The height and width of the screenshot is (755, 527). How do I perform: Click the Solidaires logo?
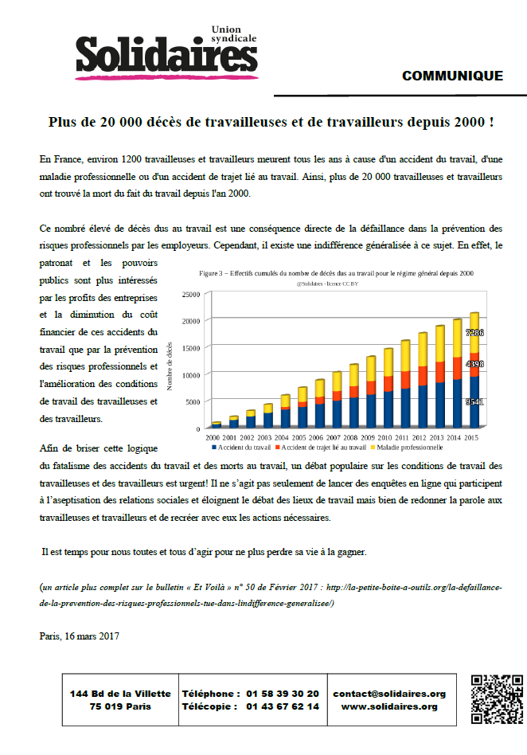coord(166,51)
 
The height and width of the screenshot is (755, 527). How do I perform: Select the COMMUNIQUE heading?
coord(452,76)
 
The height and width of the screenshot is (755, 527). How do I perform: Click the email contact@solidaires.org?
coord(389,694)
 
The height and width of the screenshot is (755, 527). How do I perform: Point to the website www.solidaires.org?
coord(389,706)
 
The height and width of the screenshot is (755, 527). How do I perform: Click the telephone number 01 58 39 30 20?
coord(283,694)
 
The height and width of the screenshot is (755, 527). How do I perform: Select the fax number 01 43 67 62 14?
coord(283,706)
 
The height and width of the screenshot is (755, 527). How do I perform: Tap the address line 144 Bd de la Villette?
coord(119,694)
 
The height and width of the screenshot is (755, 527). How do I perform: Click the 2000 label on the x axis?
coord(214,438)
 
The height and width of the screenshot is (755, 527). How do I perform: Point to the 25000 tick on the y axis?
coord(190,295)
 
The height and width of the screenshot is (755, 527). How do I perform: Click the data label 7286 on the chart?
coord(474,333)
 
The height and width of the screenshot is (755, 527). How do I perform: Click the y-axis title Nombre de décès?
coord(170,366)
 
